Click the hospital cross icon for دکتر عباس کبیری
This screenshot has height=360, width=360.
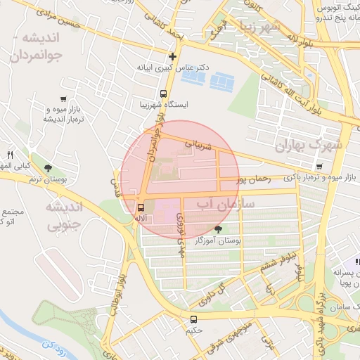172,56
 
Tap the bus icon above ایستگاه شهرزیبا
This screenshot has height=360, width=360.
164,94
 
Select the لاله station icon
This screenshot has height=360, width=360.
141,207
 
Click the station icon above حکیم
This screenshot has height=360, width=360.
193,319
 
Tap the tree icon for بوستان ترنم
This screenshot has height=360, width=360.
48,168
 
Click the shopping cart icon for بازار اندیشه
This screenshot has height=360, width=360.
64,98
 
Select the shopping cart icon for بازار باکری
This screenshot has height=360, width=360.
319,167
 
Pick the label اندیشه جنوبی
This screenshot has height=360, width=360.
64,216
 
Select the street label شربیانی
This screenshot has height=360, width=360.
198,145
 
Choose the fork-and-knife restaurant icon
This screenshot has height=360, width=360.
11,155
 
